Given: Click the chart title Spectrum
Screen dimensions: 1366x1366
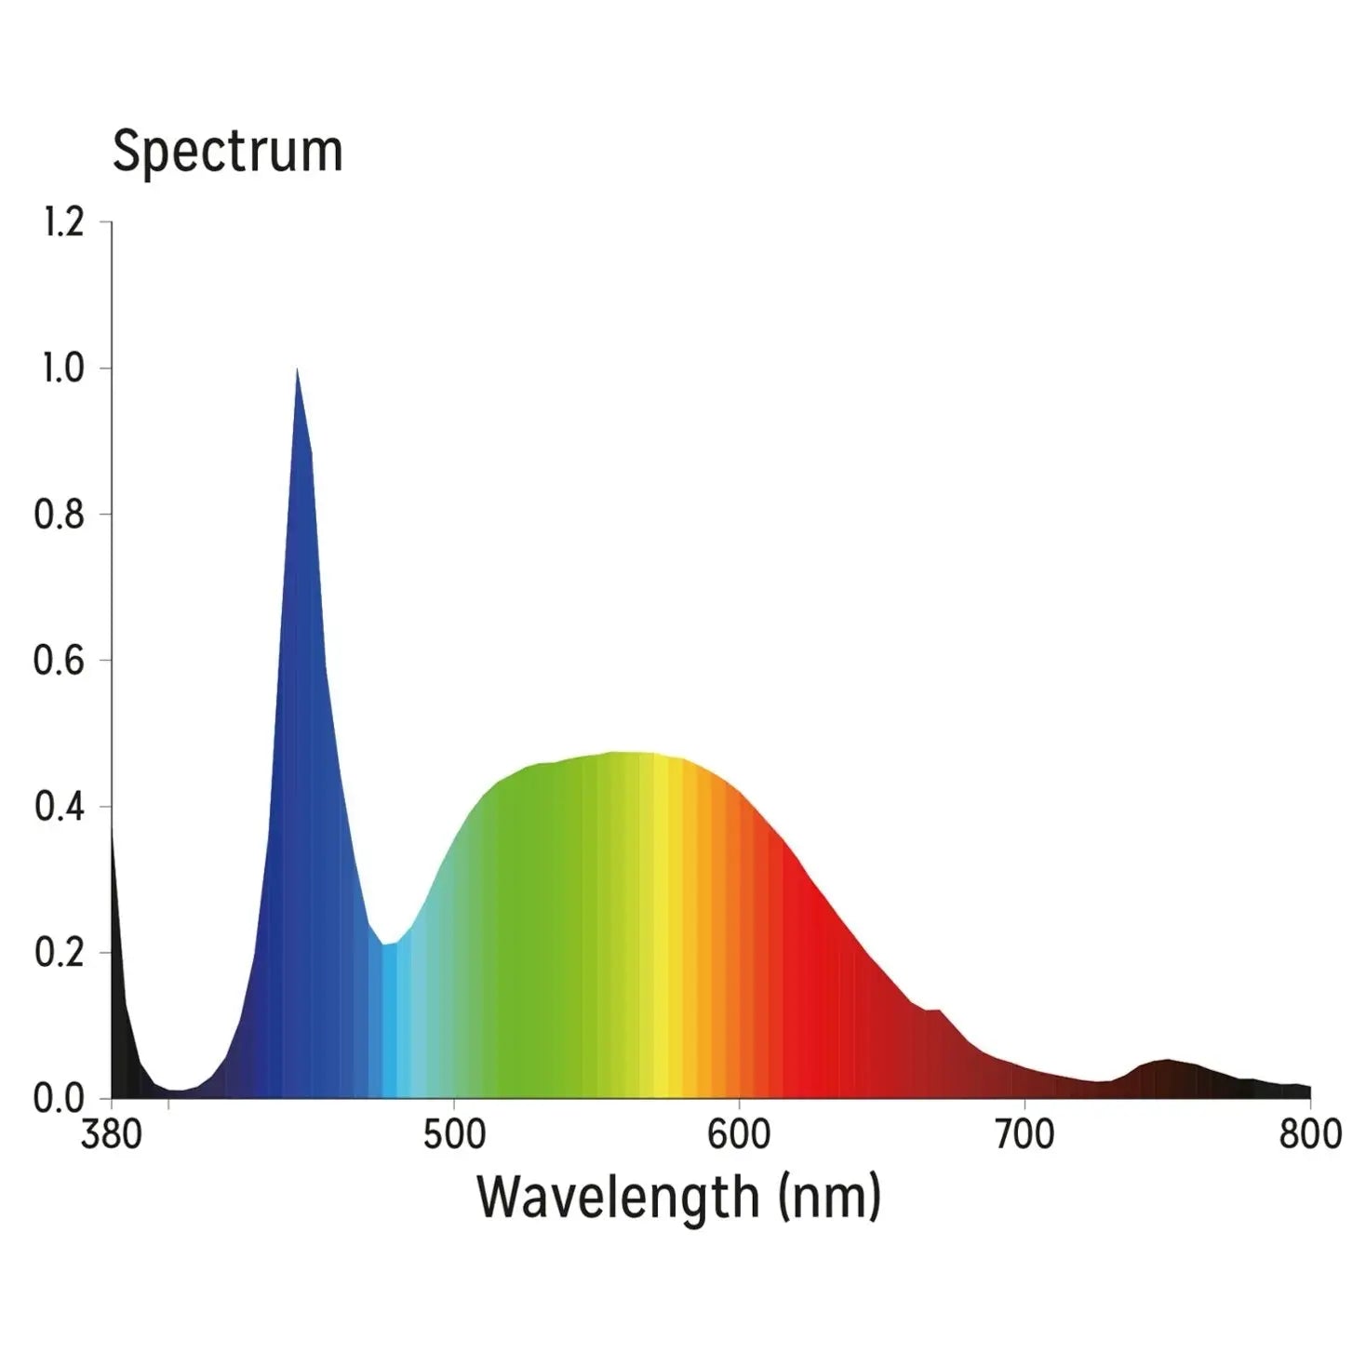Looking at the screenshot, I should click(x=227, y=152).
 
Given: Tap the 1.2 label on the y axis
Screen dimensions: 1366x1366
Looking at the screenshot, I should click(x=63, y=222).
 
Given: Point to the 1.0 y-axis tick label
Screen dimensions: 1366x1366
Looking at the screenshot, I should click(x=63, y=368).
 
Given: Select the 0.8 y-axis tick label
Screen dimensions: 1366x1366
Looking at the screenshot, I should click(x=60, y=515).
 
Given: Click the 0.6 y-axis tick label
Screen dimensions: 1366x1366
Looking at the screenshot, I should click(x=60, y=661).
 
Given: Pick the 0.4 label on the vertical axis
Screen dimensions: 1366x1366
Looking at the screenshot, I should click(x=60, y=807).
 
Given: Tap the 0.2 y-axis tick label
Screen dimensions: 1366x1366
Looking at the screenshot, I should click(x=60, y=953).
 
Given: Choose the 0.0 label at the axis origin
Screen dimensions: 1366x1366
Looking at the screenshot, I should click(x=60, y=1099).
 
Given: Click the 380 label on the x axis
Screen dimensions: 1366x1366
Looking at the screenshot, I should click(x=112, y=1134).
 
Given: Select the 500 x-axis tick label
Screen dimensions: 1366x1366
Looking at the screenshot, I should click(x=454, y=1134).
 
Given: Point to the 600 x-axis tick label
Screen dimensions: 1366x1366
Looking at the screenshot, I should click(x=739, y=1134).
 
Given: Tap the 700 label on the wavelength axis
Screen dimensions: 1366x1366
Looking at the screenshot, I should click(x=1024, y=1134).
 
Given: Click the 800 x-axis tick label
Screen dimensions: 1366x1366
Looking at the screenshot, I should click(x=1310, y=1134).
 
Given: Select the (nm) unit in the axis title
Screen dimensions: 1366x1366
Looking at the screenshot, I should click(x=829, y=1198).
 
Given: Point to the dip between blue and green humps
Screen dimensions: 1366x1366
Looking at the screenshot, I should click(x=387, y=944).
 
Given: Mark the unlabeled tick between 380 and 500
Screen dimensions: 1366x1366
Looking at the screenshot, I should click(x=168, y=1104).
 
